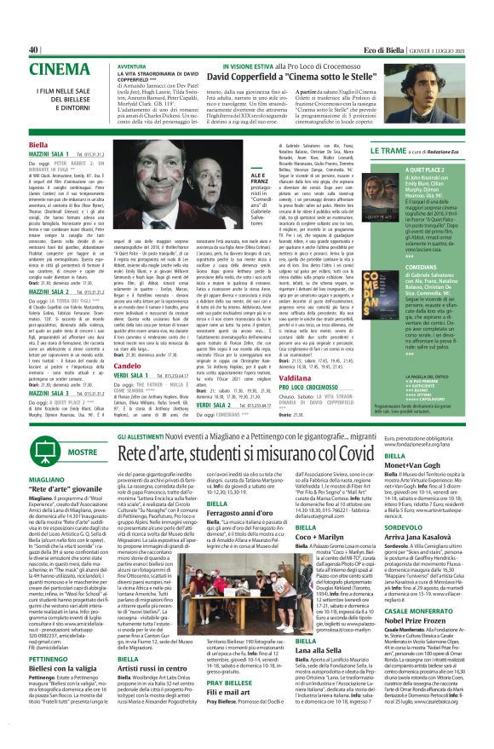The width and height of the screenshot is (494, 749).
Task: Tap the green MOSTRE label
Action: tap(83, 451)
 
